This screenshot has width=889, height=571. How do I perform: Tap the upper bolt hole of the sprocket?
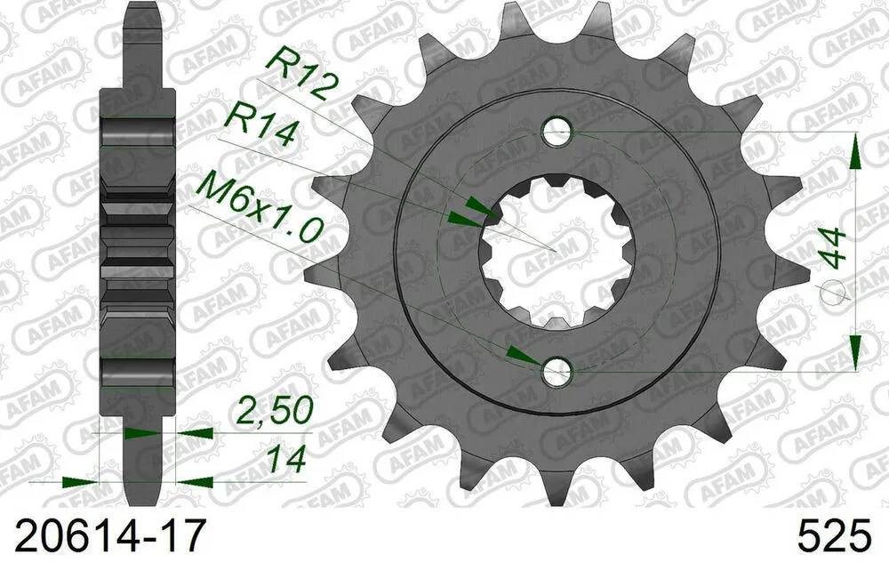point(557,134)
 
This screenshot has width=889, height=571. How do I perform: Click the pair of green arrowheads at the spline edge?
point(469,213)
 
